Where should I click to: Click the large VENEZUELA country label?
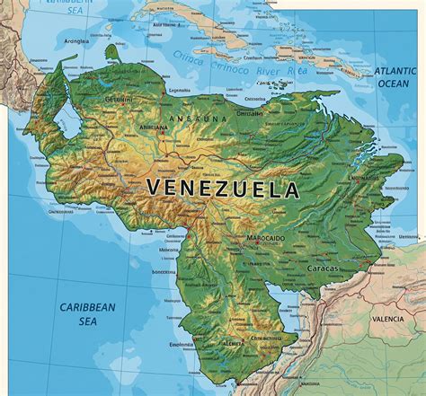[222, 189]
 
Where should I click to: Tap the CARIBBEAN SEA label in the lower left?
[87, 313]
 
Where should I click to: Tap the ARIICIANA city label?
[129, 128]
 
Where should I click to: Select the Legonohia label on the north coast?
[179, 90]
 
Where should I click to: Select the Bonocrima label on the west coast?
[163, 270]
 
